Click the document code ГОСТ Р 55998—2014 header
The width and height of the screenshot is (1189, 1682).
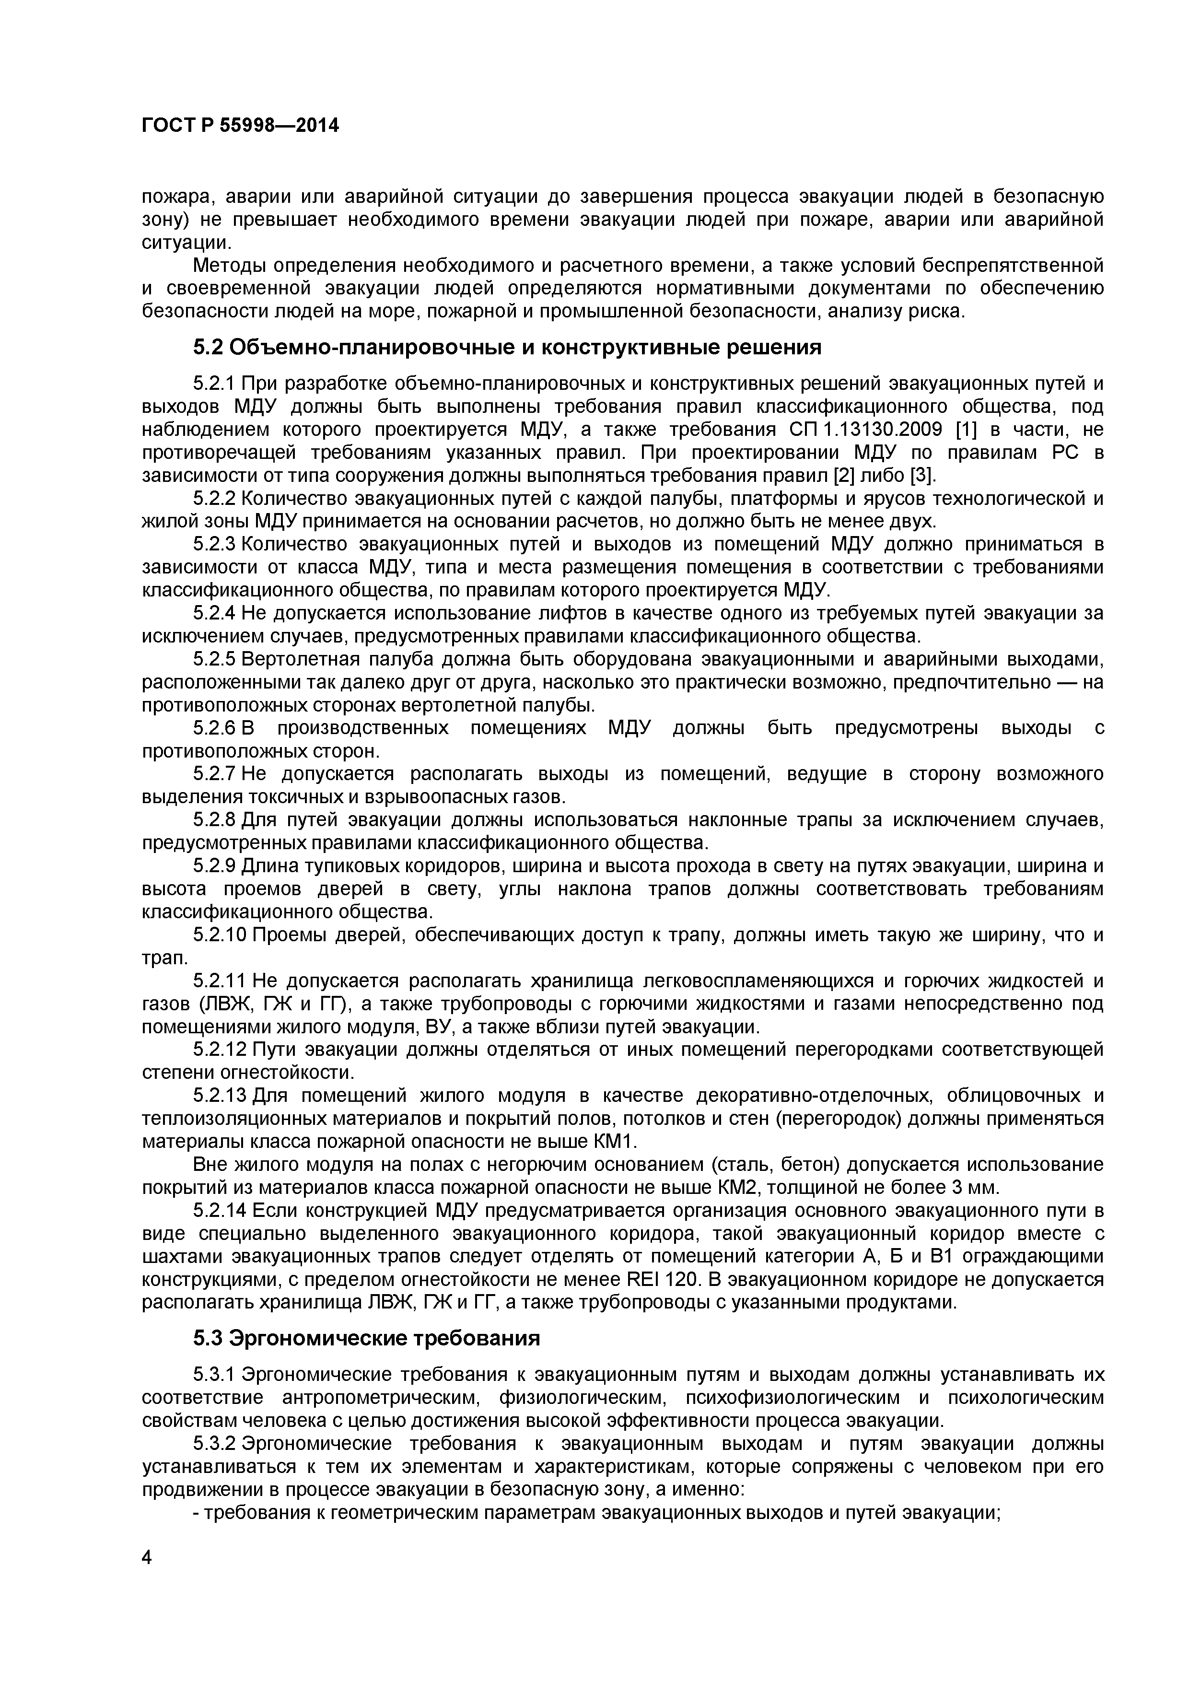(x=240, y=126)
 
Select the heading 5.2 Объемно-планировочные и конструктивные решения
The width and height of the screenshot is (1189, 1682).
(x=507, y=347)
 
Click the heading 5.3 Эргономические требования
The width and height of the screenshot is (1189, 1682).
(x=366, y=1338)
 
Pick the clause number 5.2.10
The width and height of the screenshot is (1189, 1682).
(x=220, y=935)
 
